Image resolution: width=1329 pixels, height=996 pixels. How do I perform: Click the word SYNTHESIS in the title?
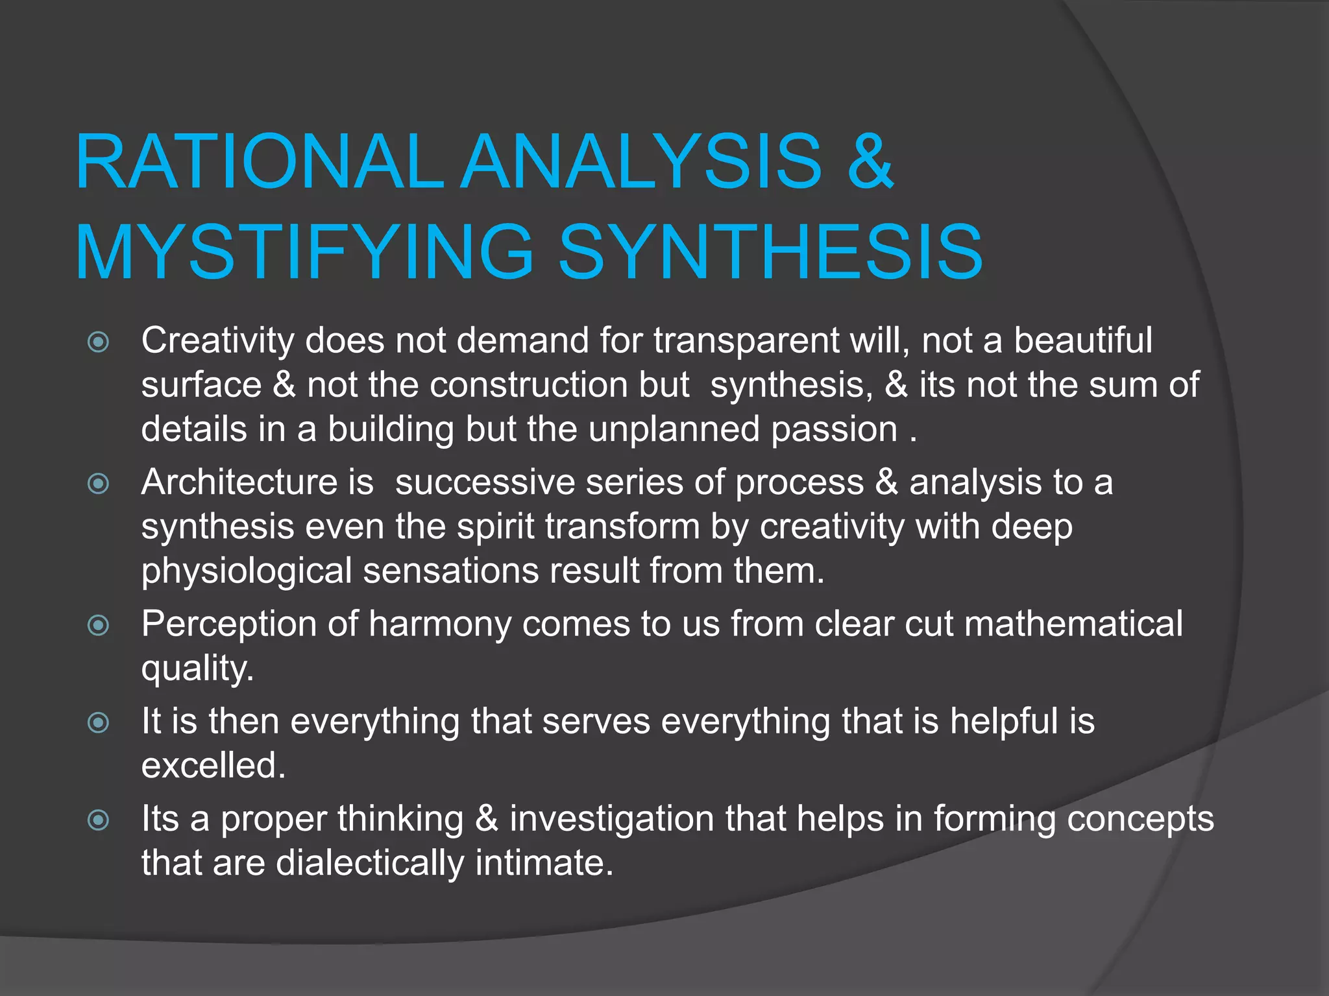tap(770, 252)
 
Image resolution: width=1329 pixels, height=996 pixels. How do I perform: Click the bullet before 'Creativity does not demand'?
tap(98, 342)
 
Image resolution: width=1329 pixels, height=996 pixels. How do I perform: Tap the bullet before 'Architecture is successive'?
tap(98, 483)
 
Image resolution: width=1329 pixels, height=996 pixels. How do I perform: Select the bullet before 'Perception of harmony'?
tap(98, 625)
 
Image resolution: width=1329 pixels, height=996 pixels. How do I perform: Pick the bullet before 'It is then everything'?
tap(98, 722)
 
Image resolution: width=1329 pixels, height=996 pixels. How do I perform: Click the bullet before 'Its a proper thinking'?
tap(98, 820)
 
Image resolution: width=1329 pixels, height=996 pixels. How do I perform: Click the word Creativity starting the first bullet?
tap(218, 341)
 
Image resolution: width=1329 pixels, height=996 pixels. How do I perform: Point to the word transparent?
tap(746, 341)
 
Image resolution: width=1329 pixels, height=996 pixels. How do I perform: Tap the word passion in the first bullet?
tap(835, 430)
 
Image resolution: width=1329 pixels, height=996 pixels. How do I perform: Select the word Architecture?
tap(239, 483)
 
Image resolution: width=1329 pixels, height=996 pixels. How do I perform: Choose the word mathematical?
tap(1073, 624)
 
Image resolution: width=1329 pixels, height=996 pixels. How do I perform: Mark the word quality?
tap(197, 669)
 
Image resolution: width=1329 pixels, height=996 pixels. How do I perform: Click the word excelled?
tap(213, 766)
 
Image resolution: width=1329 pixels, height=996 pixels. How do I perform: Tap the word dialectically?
tap(370, 864)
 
